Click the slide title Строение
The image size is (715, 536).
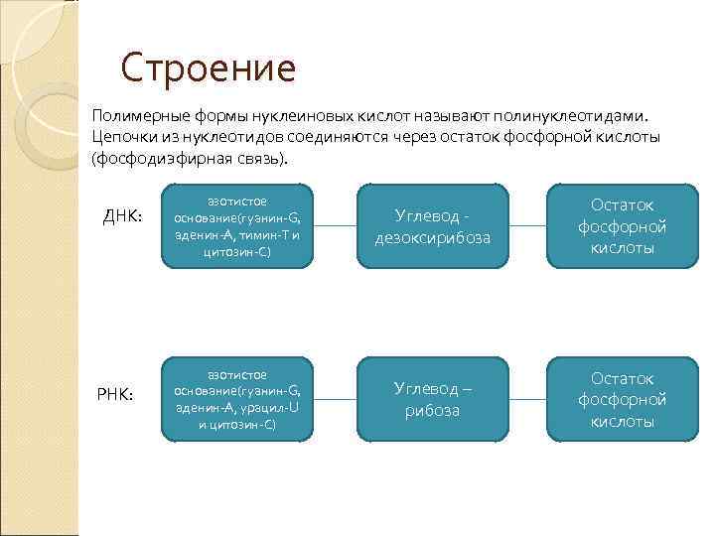[x=209, y=68]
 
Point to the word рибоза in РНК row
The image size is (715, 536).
[x=432, y=410]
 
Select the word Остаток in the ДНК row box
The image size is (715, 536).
[x=623, y=204]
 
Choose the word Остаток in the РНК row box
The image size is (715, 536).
[x=623, y=378]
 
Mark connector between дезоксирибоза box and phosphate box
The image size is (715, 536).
[x=526, y=225]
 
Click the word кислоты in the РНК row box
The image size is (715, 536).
[x=623, y=421]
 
